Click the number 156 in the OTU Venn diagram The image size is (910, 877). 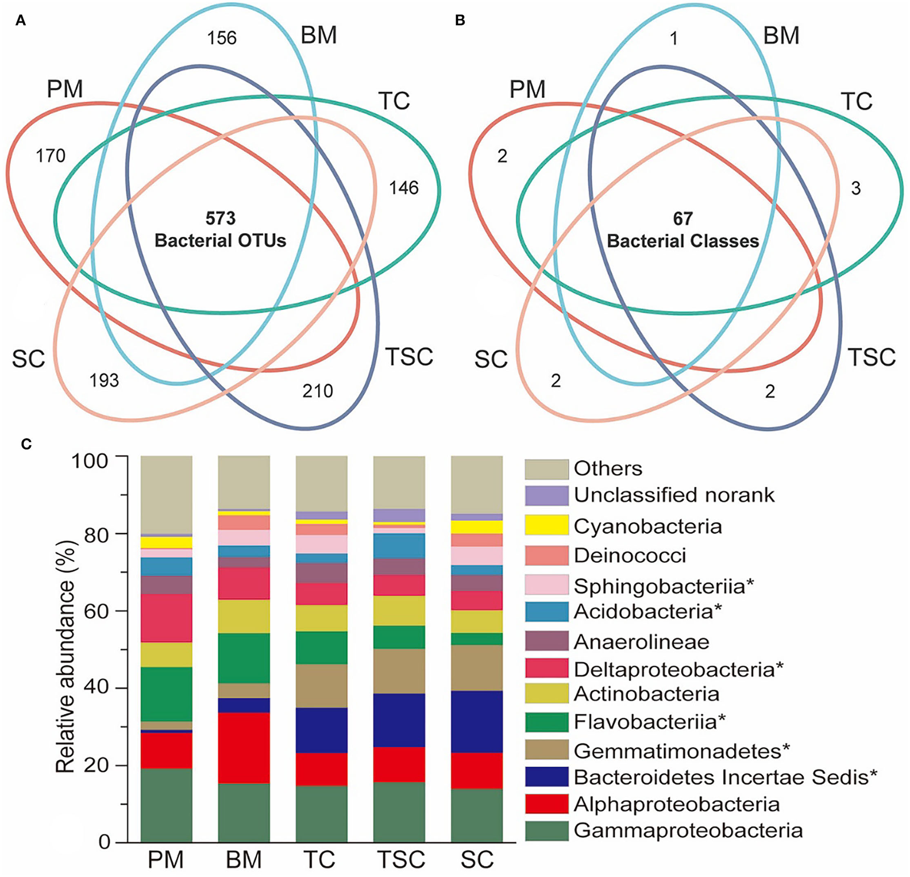[222, 38]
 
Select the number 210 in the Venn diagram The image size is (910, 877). [318, 391]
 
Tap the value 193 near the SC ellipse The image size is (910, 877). [104, 380]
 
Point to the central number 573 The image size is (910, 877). [220, 218]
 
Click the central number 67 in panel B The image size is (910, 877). [683, 219]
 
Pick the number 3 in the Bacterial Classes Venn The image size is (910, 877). [856, 188]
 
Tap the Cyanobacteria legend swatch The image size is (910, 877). [546, 525]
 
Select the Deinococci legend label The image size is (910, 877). [630, 555]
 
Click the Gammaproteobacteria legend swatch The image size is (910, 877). [546, 830]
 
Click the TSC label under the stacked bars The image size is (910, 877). [400, 859]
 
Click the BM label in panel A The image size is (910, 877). [318, 36]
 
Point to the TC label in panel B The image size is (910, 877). [856, 101]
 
